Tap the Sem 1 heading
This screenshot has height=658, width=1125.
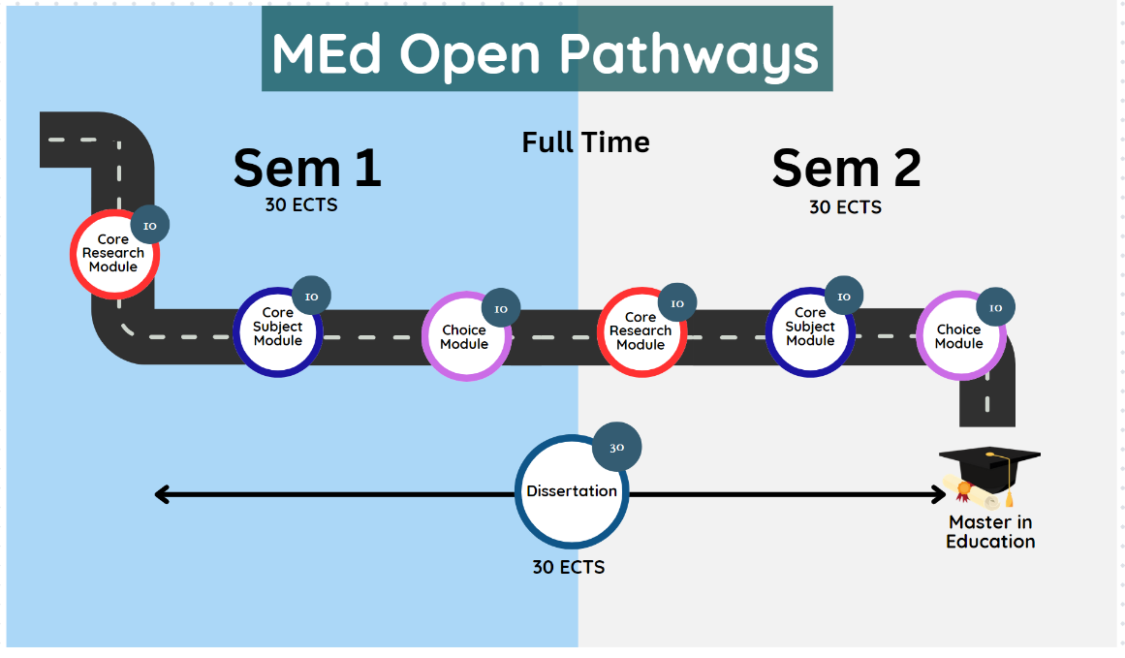point(307,168)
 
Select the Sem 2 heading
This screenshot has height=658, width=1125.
point(846,168)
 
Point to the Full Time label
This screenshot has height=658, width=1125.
point(585,142)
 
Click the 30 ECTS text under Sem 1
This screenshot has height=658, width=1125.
point(301,205)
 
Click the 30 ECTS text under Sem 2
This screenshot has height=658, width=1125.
point(846,206)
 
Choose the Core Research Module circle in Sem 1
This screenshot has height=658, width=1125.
point(113,254)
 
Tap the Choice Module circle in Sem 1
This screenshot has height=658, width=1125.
point(465,336)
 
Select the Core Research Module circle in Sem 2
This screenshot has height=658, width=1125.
point(641,331)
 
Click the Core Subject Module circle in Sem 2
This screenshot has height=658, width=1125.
point(810,328)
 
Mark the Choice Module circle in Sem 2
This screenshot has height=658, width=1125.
point(959,336)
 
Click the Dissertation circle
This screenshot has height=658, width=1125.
point(572,491)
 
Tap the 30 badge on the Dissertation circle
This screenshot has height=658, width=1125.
point(617,448)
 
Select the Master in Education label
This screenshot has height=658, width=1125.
point(990,532)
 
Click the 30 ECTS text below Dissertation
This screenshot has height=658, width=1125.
point(569,567)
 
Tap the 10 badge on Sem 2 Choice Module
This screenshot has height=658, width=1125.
point(995,307)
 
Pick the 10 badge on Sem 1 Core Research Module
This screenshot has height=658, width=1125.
point(150,225)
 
